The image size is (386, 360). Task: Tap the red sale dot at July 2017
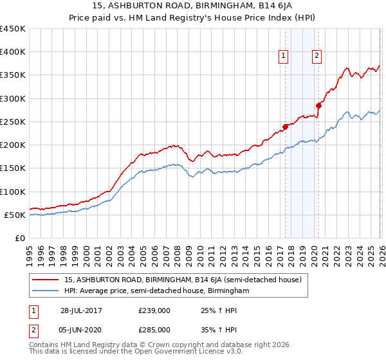[x=285, y=126]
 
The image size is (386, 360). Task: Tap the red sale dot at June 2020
[x=318, y=105]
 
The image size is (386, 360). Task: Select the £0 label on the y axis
[x=20, y=239]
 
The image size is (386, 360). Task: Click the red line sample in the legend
[x=45, y=280]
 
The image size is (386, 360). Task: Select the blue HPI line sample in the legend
[x=45, y=291]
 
